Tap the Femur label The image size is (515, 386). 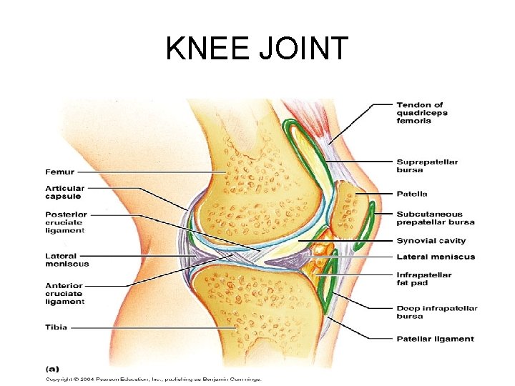(59, 172)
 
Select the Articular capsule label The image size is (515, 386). (64, 192)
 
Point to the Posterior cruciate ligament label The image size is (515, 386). (67, 222)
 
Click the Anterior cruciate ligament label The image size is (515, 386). (65, 293)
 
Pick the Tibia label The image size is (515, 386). (57, 327)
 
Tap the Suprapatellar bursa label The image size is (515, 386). (427, 166)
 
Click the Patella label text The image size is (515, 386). (412, 194)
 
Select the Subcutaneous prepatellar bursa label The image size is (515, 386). (436, 218)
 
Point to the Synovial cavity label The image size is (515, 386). (431, 241)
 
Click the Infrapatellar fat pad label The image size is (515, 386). (424, 278)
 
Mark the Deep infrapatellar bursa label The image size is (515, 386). (436, 312)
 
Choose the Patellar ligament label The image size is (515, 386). (435, 339)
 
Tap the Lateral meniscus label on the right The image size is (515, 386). (435, 257)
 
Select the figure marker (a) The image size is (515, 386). (52, 369)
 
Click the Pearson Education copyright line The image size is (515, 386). (154, 379)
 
